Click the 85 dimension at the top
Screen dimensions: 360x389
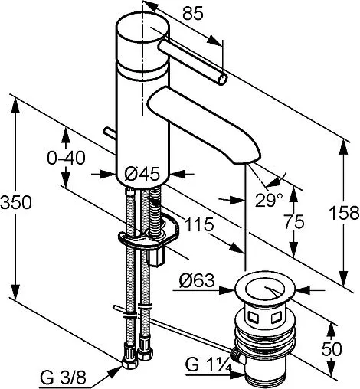point(193,13)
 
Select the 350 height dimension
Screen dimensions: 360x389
point(16,202)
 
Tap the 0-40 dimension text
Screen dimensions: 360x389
point(66,158)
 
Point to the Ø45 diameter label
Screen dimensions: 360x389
point(142,174)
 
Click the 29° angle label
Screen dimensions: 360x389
point(269,200)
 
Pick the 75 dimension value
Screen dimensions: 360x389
point(294,221)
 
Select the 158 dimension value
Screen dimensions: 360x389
point(344,212)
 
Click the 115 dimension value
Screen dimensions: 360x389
point(199,224)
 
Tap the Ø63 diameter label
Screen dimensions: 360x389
point(197,280)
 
